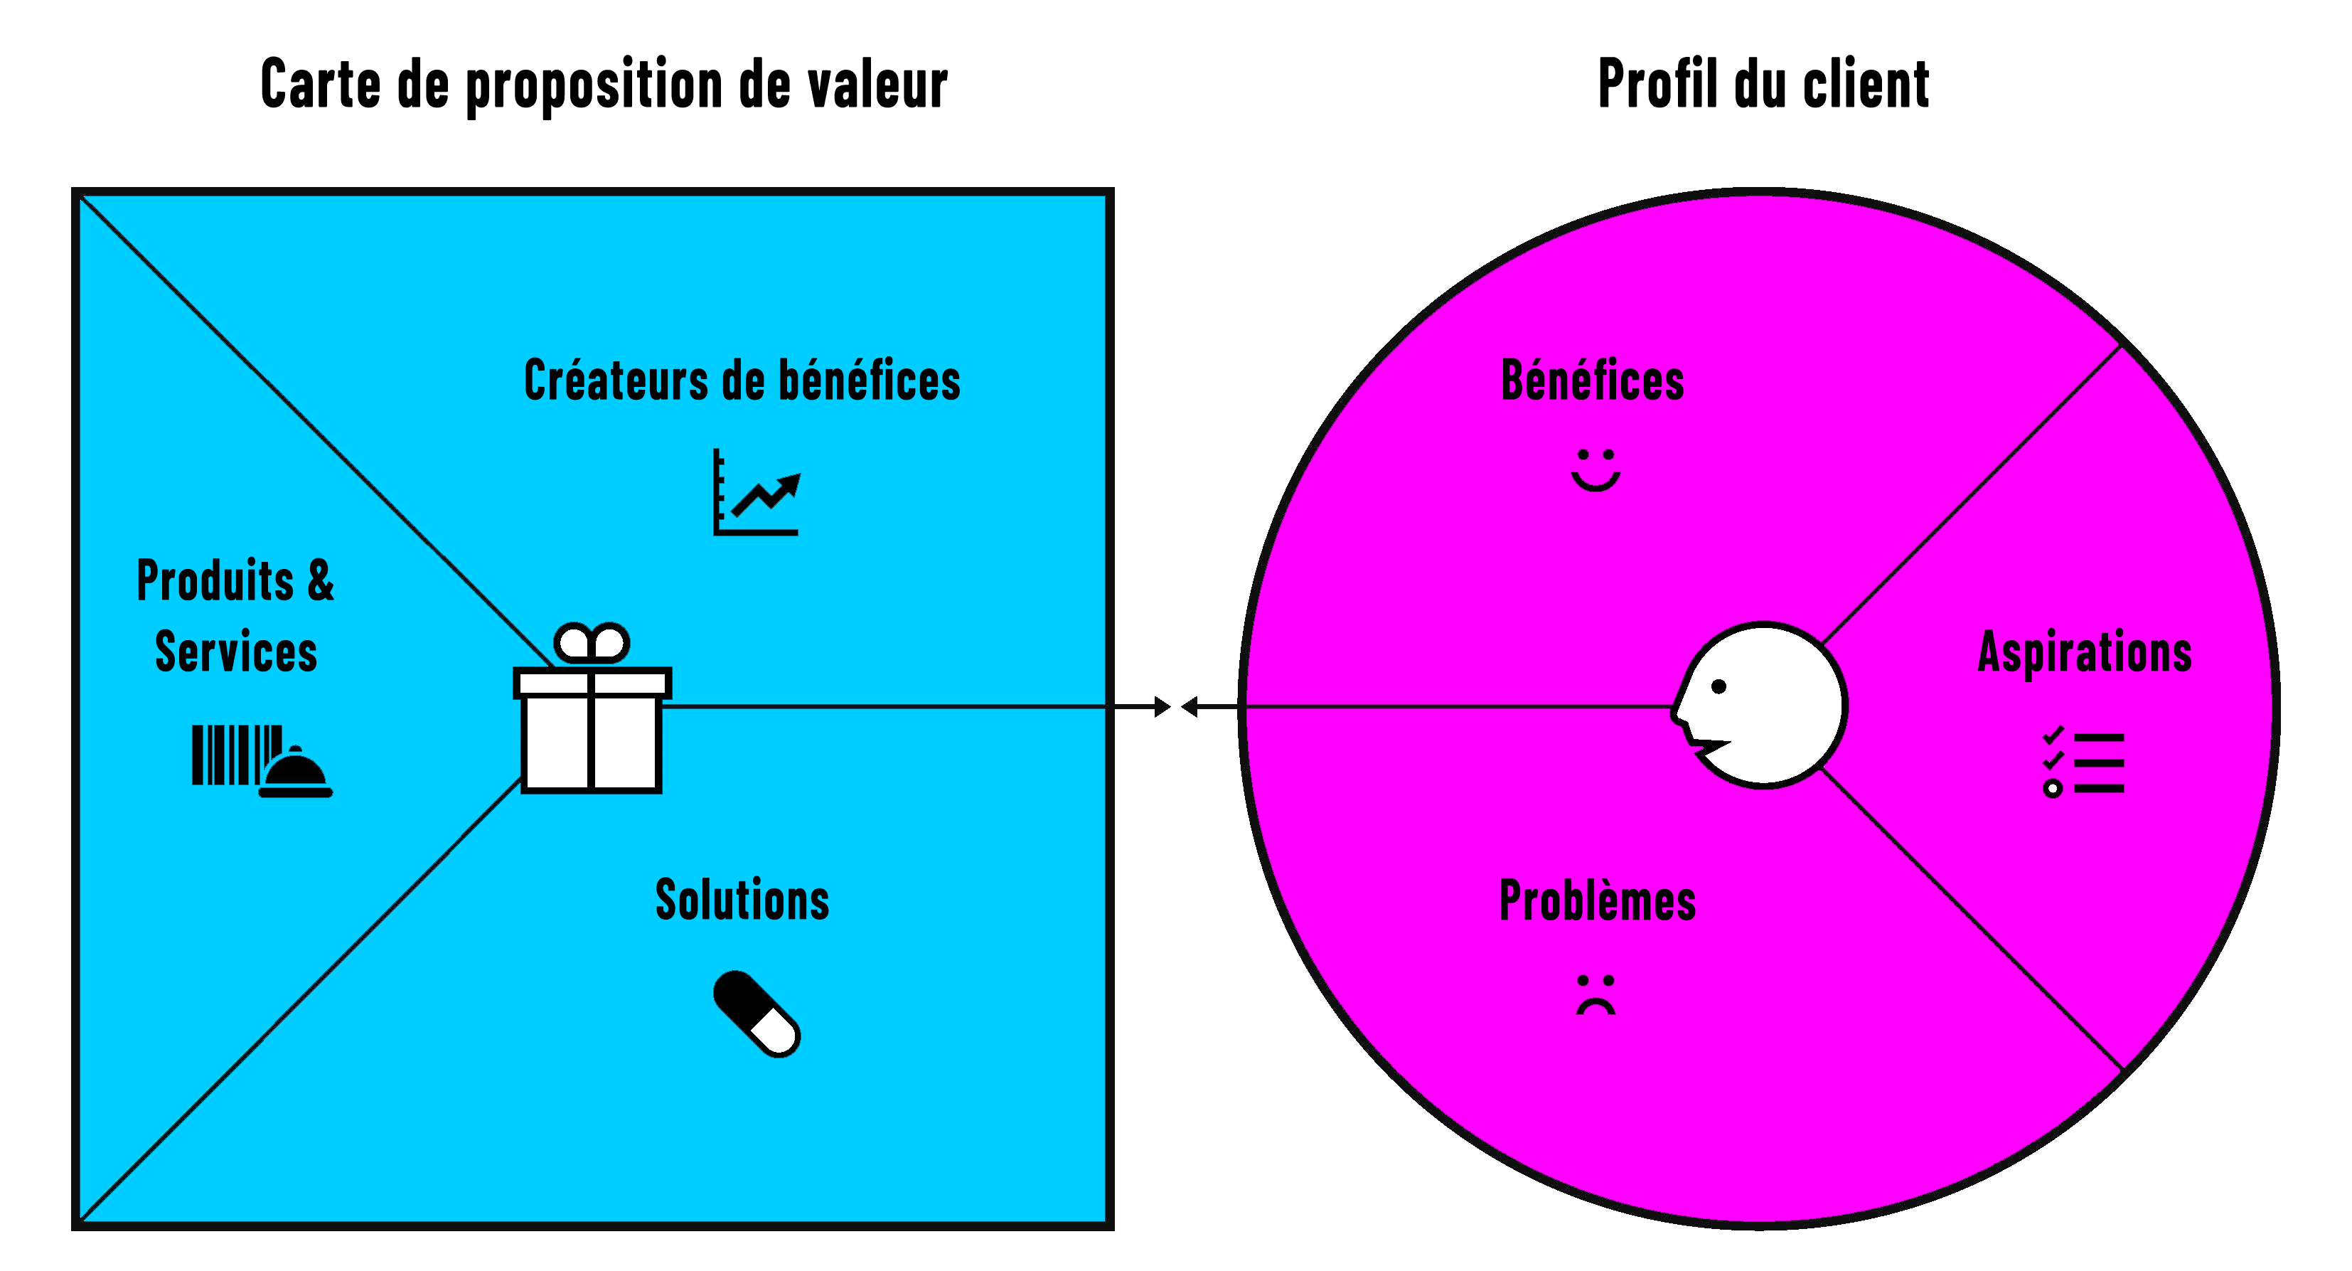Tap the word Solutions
tap(742, 900)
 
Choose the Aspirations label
tap(2085, 652)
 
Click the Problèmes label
tap(1598, 901)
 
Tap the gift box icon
tap(592, 730)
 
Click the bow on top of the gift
tap(592, 643)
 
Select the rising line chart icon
tap(756, 493)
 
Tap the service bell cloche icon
tap(296, 776)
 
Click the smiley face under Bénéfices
tap(1595, 469)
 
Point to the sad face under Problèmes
tap(1595, 994)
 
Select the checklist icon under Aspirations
tap(2083, 762)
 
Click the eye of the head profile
tap(1718, 686)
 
